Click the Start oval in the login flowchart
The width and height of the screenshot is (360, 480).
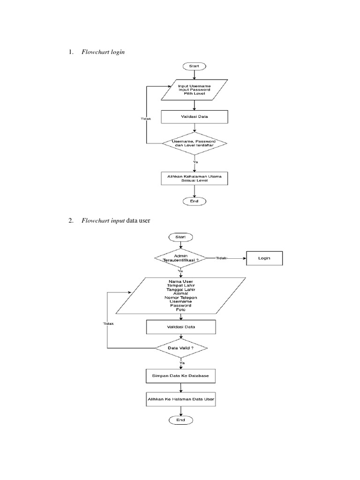194,66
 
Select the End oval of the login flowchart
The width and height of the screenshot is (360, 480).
194,201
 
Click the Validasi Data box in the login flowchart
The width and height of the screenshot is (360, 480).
194,117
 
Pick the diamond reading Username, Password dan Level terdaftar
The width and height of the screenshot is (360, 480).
194,143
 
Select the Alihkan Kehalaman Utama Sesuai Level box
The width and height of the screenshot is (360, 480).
194,178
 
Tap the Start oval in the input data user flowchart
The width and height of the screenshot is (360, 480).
180,238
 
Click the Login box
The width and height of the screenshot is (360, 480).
264,258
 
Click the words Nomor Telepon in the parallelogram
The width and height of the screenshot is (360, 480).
180,297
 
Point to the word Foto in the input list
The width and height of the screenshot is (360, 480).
180,310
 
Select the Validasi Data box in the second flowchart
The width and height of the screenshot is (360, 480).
180,326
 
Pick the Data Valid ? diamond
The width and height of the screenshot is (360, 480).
180,348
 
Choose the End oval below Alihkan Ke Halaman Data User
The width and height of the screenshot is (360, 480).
180,420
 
